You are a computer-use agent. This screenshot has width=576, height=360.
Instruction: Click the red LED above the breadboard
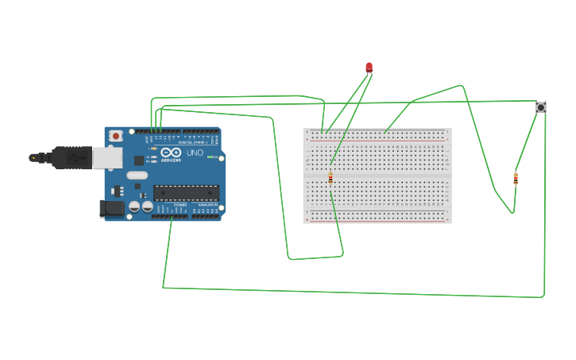[369, 68]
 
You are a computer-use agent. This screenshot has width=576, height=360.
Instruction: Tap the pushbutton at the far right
[540, 107]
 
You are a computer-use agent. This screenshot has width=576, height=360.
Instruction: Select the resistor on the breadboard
[331, 179]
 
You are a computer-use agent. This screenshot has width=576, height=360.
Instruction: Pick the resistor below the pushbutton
[516, 179]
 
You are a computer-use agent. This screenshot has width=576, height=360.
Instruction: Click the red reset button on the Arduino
[116, 136]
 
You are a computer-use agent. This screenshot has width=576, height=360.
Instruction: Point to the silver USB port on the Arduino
[106, 158]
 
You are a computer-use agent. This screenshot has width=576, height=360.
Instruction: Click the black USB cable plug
[72, 158]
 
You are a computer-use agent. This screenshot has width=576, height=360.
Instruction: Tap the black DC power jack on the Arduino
[111, 208]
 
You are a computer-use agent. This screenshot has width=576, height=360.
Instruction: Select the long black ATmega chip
[186, 193]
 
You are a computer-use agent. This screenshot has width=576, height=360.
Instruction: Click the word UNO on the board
[195, 153]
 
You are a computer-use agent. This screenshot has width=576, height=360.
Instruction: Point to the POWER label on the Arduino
[180, 205]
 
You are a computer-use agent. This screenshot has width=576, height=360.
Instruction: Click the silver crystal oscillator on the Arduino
[137, 176]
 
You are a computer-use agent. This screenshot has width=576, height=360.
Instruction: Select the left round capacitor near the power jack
[134, 207]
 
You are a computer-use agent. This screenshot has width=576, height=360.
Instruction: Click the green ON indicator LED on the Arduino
[211, 157]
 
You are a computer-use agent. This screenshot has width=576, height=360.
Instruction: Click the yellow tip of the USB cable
[33, 158]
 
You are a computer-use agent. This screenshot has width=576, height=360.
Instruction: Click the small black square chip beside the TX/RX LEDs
[139, 161]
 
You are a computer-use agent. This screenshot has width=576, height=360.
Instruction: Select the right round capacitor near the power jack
[148, 207]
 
